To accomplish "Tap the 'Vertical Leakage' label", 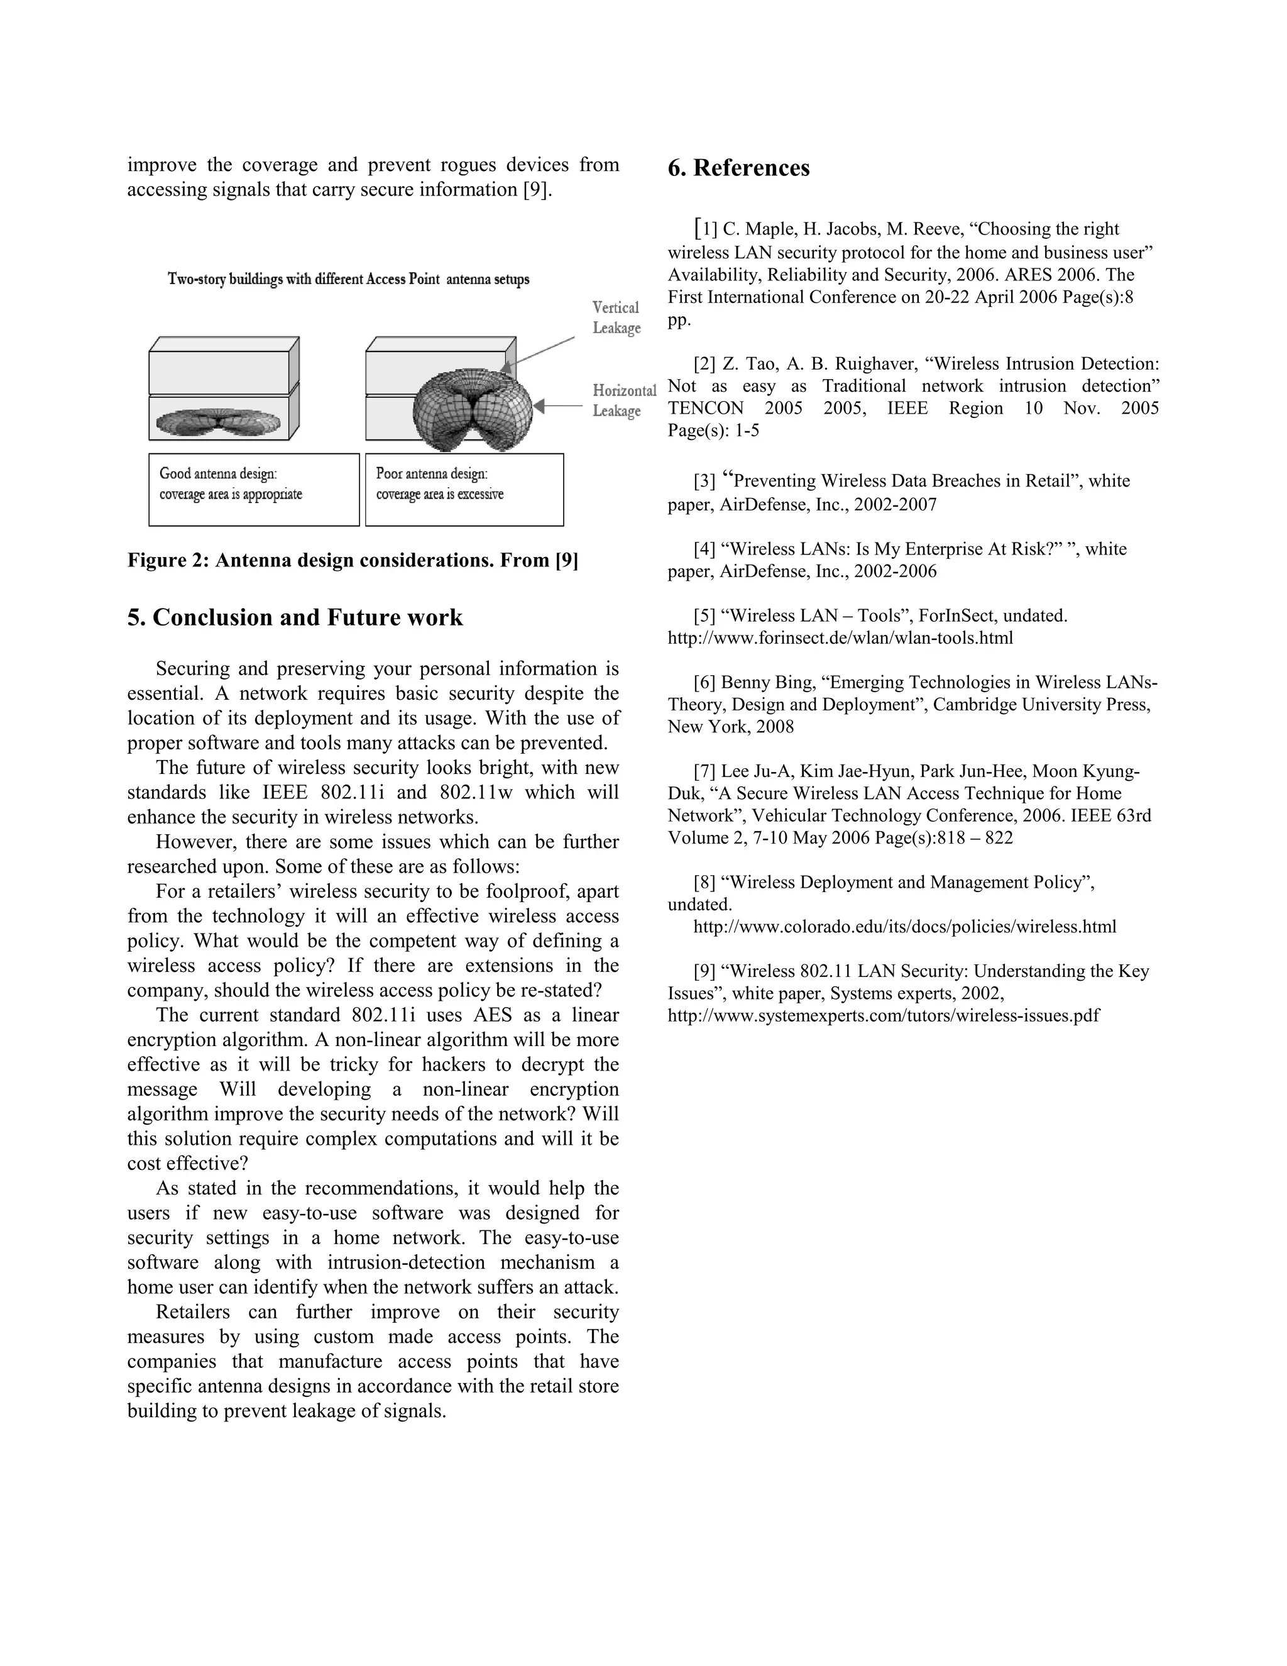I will [x=616, y=317].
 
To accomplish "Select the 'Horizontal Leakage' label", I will [x=623, y=400].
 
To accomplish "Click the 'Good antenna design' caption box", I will [x=253, y=489].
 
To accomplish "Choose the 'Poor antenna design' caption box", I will [x=464, y=489].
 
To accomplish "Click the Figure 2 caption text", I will [x=353, y=561].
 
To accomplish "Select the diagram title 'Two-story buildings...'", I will [x=348, y=279].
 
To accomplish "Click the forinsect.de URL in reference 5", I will [x=840, y=637].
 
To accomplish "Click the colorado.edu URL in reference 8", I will [x=904, y=927].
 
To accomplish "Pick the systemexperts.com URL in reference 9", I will [x=883, y=1015].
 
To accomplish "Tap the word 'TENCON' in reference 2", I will [x=704, y=408].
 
